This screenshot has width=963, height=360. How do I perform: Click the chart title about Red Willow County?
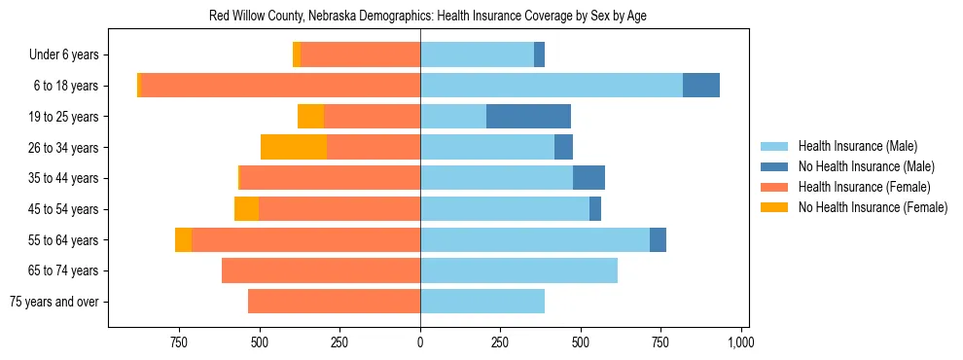click(428, 17)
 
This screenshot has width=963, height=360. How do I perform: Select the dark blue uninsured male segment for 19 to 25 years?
click(528, 117)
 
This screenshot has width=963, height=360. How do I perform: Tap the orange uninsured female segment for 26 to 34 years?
click(294, 147)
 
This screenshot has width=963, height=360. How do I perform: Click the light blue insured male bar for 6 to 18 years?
click(551, 86)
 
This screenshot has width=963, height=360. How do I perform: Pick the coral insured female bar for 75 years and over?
click(334, 302)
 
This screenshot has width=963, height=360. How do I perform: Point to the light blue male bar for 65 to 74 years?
click(518, 270)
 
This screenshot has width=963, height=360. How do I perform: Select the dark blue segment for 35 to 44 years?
click(588, 178)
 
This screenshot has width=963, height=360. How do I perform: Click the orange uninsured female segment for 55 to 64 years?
click(183, 239)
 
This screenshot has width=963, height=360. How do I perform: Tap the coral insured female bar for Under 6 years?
click(360, 54)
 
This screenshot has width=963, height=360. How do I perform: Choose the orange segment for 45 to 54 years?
click(246, 209)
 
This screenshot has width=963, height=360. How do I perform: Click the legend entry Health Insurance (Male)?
click(857, 146)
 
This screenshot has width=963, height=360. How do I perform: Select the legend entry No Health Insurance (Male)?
click(866, 166)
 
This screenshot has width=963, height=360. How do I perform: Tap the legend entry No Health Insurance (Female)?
click(872, 207)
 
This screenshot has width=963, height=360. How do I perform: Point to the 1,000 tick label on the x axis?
click(741, 342)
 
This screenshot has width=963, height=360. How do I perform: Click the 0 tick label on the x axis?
click(420, 342)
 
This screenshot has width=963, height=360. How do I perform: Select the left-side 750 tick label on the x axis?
click(179, 342)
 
